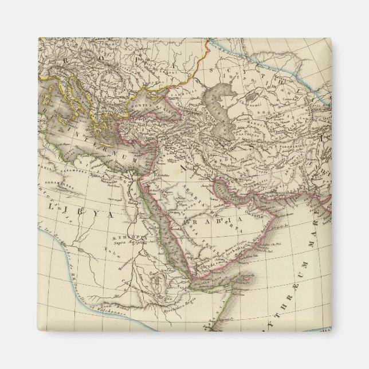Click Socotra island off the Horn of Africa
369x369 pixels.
244,281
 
